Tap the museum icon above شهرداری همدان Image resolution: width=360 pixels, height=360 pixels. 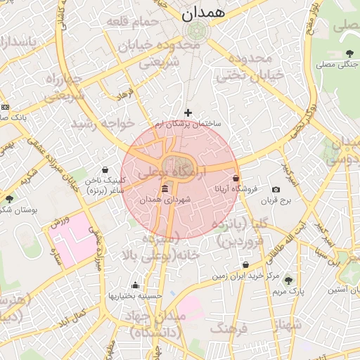165,188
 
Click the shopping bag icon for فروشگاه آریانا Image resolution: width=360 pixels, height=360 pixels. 235,178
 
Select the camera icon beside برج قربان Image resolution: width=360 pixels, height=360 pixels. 276,189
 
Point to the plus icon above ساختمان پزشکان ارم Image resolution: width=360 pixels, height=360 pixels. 188,112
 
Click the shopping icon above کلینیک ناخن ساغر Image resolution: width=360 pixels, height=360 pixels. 105,169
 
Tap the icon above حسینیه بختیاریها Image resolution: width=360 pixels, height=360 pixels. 135,285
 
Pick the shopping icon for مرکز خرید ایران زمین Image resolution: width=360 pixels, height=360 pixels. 245,265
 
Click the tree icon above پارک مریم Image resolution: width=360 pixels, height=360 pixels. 288,280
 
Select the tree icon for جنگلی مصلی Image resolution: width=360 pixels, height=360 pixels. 349,53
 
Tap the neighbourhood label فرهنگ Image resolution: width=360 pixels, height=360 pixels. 229,328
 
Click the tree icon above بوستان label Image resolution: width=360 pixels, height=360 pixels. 8,199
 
